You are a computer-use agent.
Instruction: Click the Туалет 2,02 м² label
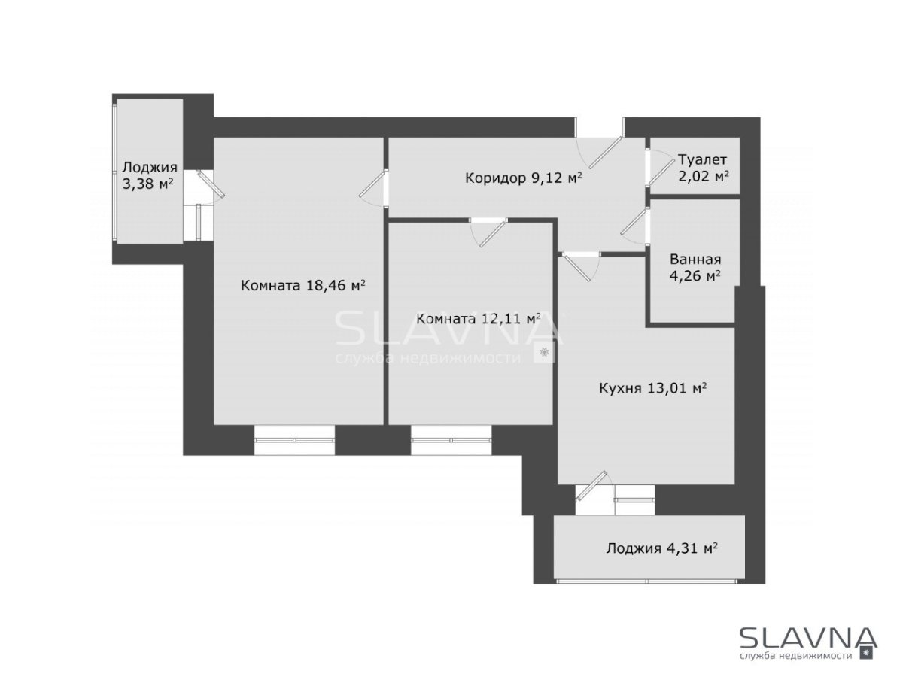click(x=703, y=168)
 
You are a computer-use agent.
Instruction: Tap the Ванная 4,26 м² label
click(x=695, y=267)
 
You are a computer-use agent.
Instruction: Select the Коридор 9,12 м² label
click(x=524, y=178)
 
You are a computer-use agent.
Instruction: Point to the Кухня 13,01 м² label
click(x=653, y=387)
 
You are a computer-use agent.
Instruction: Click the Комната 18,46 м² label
click(x=303, y=285)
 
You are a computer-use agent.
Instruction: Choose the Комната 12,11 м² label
click(x=479, y=318)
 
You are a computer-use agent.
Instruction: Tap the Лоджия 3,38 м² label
click(x=150, y=175)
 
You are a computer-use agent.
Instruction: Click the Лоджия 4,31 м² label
click(x=662, y=548)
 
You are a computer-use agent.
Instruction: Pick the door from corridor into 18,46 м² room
click(x=373, y=188)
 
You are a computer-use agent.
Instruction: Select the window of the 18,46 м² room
click(x=294, y=440)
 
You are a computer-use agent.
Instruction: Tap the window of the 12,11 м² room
click(x=451, y=440)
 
